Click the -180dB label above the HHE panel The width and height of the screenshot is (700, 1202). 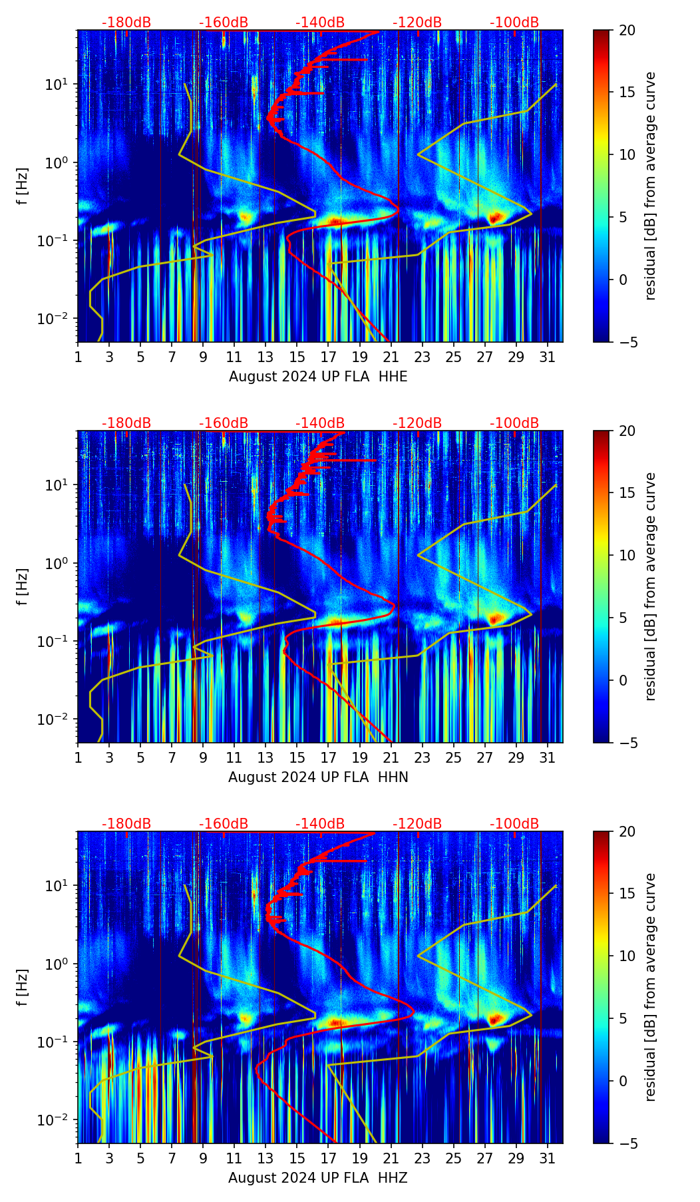126,23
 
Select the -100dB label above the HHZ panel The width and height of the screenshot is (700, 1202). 514,824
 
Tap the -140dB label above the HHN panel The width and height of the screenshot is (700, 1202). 320,423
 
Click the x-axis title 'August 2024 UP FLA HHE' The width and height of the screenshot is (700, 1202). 318,377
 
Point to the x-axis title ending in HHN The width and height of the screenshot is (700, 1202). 318,777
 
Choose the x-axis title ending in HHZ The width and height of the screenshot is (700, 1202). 318,1178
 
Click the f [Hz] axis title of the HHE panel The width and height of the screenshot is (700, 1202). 23,186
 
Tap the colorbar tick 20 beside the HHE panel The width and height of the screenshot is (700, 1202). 626,30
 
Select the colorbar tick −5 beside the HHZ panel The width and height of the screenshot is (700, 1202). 626,1143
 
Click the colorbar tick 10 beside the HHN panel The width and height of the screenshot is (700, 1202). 626,555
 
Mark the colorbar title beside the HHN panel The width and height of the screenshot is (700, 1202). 650,586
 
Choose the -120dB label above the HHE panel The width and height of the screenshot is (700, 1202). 417,23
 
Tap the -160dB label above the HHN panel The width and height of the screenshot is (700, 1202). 224,423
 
